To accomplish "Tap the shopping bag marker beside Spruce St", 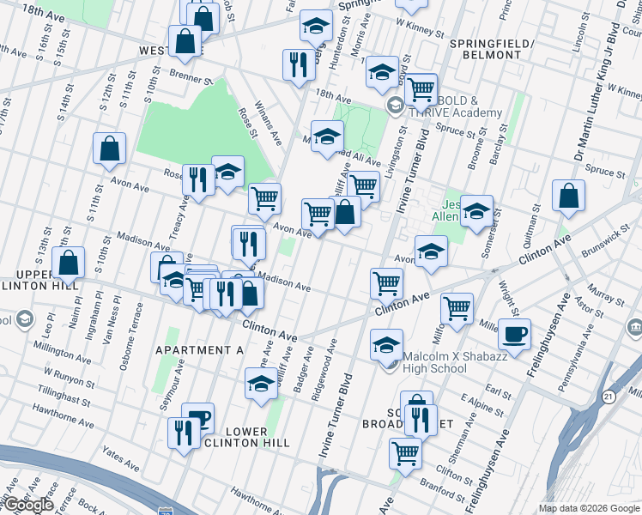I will coord(568,196).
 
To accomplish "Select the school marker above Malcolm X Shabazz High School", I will coord(386,345).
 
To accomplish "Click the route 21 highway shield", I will coord(609,397).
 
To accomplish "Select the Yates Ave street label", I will coord(119,465).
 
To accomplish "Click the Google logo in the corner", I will coord(27,504).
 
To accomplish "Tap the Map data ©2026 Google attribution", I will coord(589,508).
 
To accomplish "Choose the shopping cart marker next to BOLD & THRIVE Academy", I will coord(421,88).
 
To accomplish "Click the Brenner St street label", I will coord(191,78).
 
